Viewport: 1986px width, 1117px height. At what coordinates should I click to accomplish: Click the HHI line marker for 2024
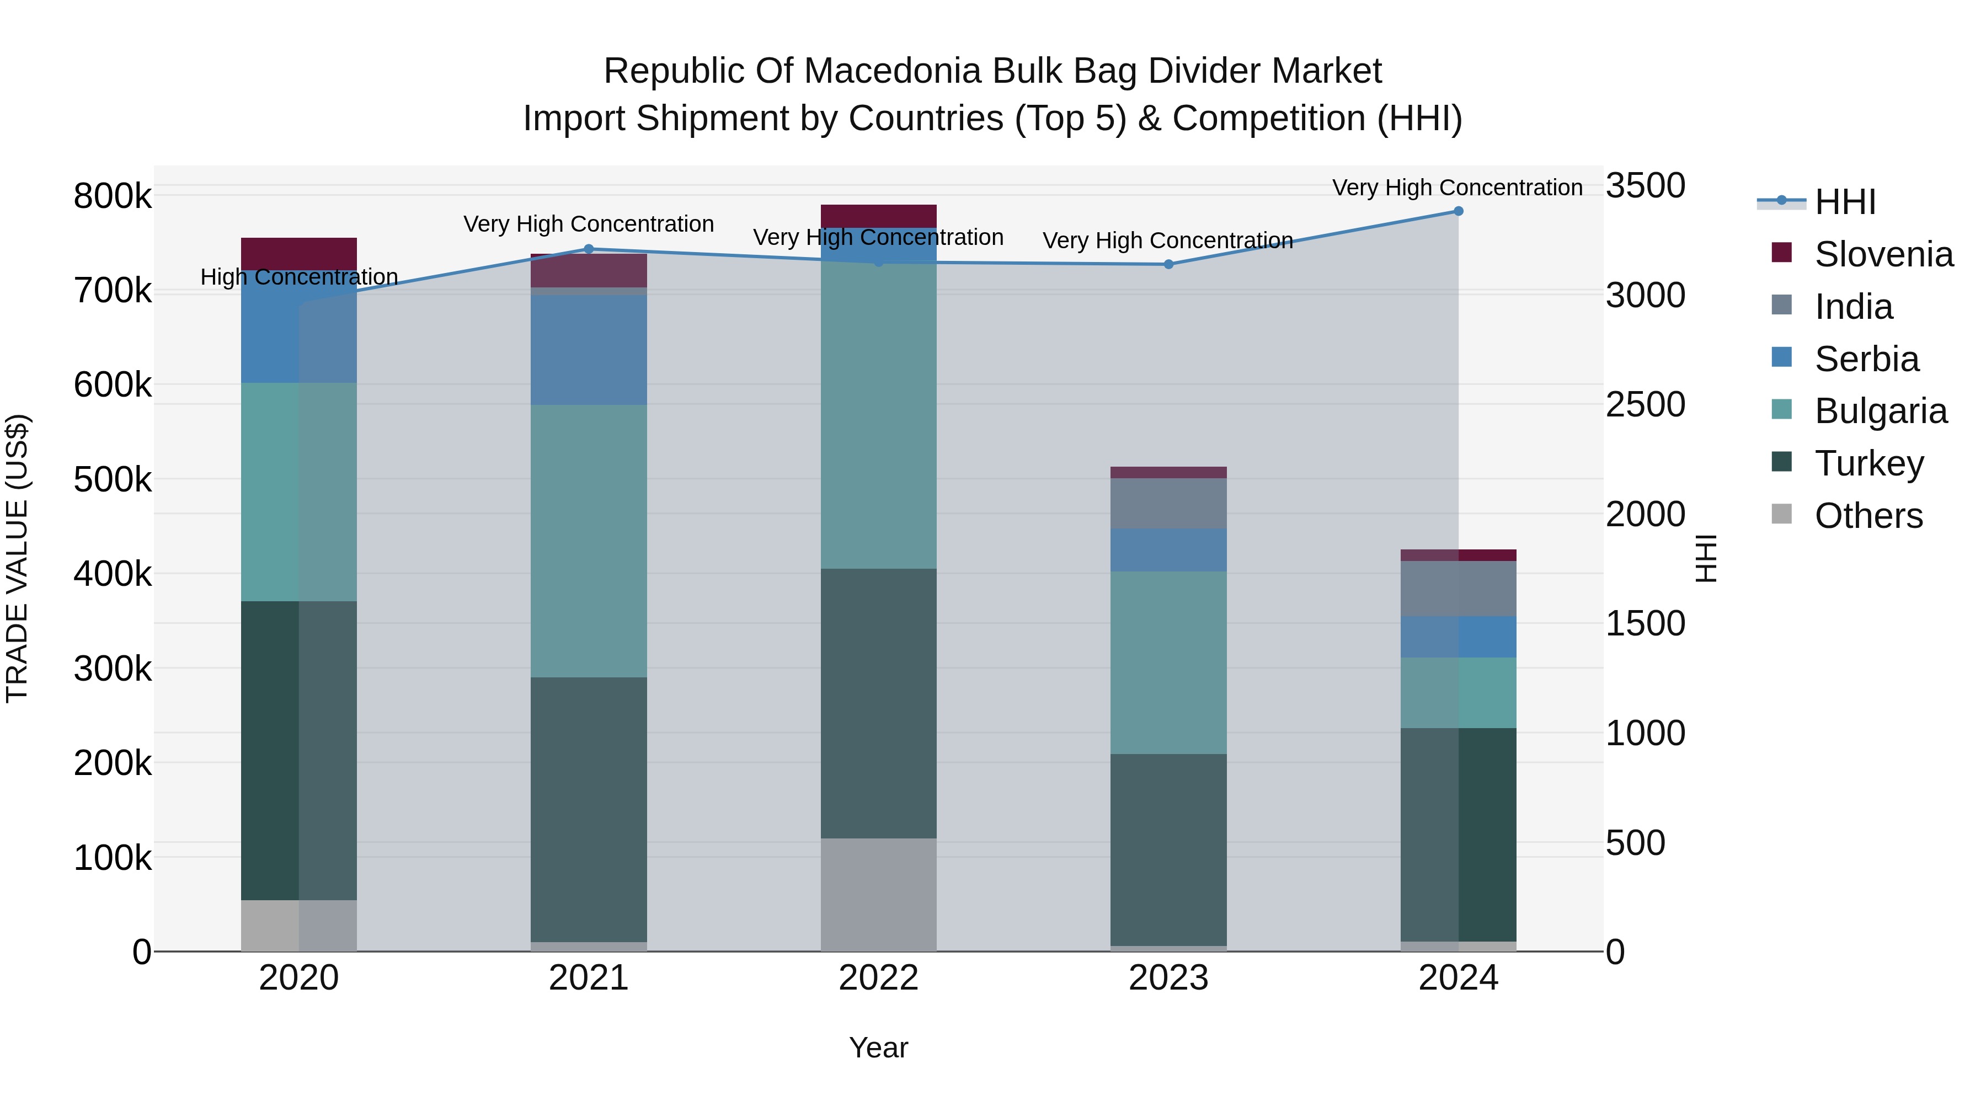point(1458,211)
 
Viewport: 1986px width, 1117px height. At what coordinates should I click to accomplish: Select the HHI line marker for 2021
point(589,249)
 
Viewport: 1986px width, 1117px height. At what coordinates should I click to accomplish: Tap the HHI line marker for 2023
point(1168,264)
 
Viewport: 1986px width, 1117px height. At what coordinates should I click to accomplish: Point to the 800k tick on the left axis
point(113,196)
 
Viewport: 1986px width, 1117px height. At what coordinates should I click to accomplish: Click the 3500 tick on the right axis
point(1645,186)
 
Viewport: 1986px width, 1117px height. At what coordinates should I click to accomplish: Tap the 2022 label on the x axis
point(878,978)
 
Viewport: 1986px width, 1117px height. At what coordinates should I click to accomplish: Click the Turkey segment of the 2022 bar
point(878,703)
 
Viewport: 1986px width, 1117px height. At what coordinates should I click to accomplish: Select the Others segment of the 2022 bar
point(878,894)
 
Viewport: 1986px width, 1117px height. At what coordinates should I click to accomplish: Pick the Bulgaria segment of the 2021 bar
point(589,541)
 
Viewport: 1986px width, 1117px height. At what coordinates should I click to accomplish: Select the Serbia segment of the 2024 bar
point(1458,637)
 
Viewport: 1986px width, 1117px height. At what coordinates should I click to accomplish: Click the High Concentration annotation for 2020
point(299,277)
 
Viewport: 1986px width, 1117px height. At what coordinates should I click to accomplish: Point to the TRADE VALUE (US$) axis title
point(17,558)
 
